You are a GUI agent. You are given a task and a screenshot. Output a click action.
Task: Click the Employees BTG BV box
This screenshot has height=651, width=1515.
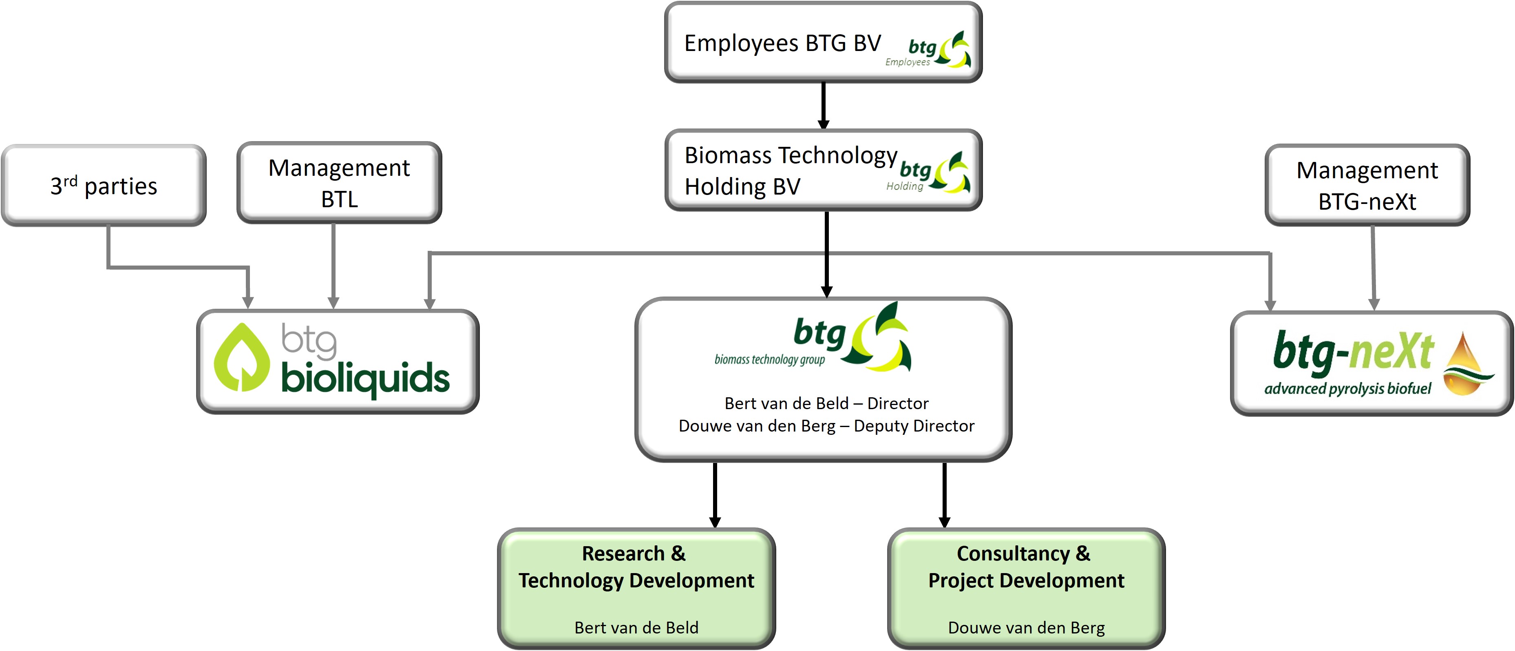(x=824, y=42)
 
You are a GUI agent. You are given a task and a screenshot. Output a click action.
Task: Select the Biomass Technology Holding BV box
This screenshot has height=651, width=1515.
(x=824, y=170)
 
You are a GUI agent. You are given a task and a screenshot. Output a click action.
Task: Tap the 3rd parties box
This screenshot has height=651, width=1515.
(x=104, y=186)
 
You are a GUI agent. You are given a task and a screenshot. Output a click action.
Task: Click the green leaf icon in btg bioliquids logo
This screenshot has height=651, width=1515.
(x=242, y=357)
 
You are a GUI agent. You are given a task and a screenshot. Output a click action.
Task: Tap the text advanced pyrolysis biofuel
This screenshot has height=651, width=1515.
(x=1348, y=388)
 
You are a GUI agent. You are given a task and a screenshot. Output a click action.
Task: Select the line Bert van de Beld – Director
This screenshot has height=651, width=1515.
(x=826, y=403)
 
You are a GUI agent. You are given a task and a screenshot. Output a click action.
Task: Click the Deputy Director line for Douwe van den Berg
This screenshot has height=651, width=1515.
(x=826, y=425)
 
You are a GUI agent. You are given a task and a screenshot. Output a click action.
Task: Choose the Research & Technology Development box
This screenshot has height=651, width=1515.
(x=636, y=589)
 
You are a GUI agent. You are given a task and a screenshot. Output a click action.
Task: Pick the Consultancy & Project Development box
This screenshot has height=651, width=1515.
(x=1026, y=589)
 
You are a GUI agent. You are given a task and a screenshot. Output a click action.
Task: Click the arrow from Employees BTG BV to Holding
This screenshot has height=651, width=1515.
(x=824, y=106)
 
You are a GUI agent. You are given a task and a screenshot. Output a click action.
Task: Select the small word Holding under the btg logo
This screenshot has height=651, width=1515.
(x=905, y=186)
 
